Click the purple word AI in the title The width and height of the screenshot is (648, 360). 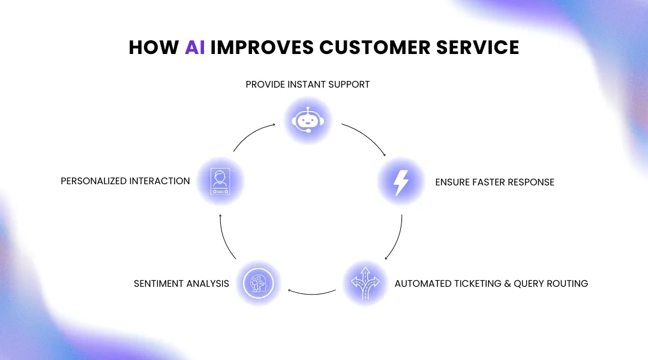tap(194, 47)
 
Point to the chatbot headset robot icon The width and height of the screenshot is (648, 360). tap(308, 121)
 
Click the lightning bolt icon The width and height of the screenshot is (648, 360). tap(401, 182)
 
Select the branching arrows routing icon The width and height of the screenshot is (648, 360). tap(366, 283)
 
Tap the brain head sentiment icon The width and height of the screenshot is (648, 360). tap(258, 283)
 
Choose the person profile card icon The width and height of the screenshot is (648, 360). tap(220, 181)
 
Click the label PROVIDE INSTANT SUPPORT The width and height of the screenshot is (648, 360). tap(308, 85)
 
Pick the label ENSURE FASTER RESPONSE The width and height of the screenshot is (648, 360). tap(494, 182)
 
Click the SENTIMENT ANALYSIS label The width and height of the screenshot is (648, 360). tap(181, 283)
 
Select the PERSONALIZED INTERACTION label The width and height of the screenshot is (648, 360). tap(125, 181)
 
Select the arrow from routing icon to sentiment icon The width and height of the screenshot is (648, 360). tap(312, 293)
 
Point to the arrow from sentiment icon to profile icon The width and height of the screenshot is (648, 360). tap(224, 238)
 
